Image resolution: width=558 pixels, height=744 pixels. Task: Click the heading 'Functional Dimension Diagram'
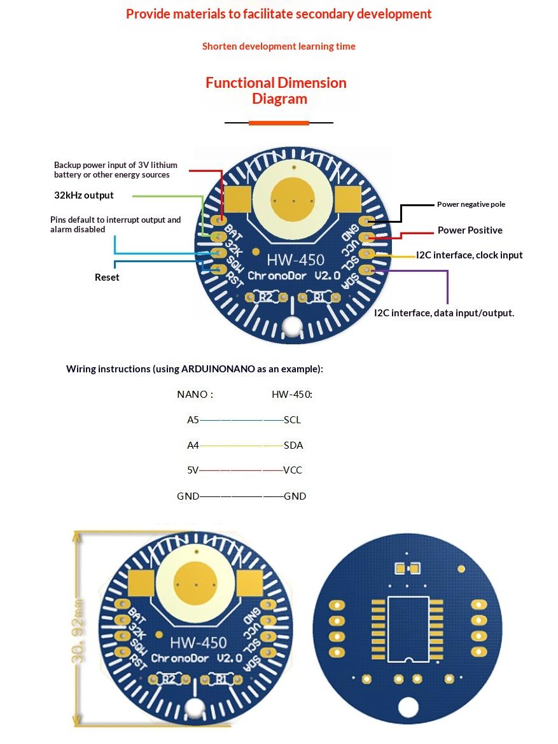tap(276, 90)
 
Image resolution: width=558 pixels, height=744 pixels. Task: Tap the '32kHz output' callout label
tap(84, 195)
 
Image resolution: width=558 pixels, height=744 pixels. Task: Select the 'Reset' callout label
tap(107, 277)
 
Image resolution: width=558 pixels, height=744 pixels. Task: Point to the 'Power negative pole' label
tap(471, 204)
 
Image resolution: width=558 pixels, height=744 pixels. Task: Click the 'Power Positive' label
tap(470, 230)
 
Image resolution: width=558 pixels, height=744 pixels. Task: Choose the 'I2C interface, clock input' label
tap(470, 255)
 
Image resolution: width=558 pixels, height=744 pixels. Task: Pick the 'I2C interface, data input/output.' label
tap(444, 313)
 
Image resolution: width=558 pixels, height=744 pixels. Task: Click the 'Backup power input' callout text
tap(116, 170)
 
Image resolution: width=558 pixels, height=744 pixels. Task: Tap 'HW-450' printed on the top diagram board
tap(296, 260)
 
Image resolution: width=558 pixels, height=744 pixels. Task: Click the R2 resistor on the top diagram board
tap(266, 297)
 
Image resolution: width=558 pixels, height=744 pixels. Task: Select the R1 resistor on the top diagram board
tap(319, 297)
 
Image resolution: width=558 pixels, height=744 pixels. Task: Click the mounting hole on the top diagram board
tap(292, 326)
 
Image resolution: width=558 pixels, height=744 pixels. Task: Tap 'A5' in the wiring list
tap(193, 420)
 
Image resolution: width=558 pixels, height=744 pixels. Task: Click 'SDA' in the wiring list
tap(293, 446)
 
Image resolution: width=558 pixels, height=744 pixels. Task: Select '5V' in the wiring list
tap(193, 470)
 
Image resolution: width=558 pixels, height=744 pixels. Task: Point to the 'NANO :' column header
tap(195, 395)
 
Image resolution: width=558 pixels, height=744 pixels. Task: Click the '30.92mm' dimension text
tap(79, 631)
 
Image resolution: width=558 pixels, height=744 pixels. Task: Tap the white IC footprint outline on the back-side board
tap(408, 629)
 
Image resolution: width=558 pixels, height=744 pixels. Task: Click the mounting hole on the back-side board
tap(408, 708)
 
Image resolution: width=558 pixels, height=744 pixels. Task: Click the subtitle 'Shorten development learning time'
tap(279, 46)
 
